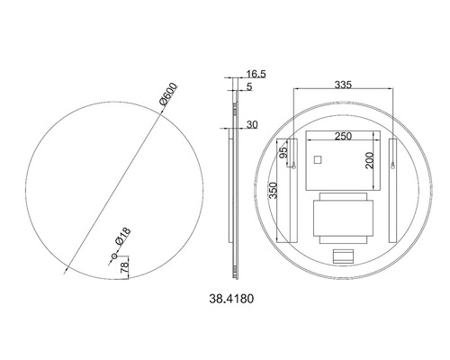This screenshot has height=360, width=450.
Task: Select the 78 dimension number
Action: (124, 265)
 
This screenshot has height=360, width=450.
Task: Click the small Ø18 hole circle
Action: (113, 257)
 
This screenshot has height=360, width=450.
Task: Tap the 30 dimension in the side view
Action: (250, 125)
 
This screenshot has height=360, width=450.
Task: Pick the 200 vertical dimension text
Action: (369, 160)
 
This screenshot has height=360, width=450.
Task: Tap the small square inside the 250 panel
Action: (316, 160)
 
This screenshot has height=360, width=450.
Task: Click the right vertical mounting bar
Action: (393, 189)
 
